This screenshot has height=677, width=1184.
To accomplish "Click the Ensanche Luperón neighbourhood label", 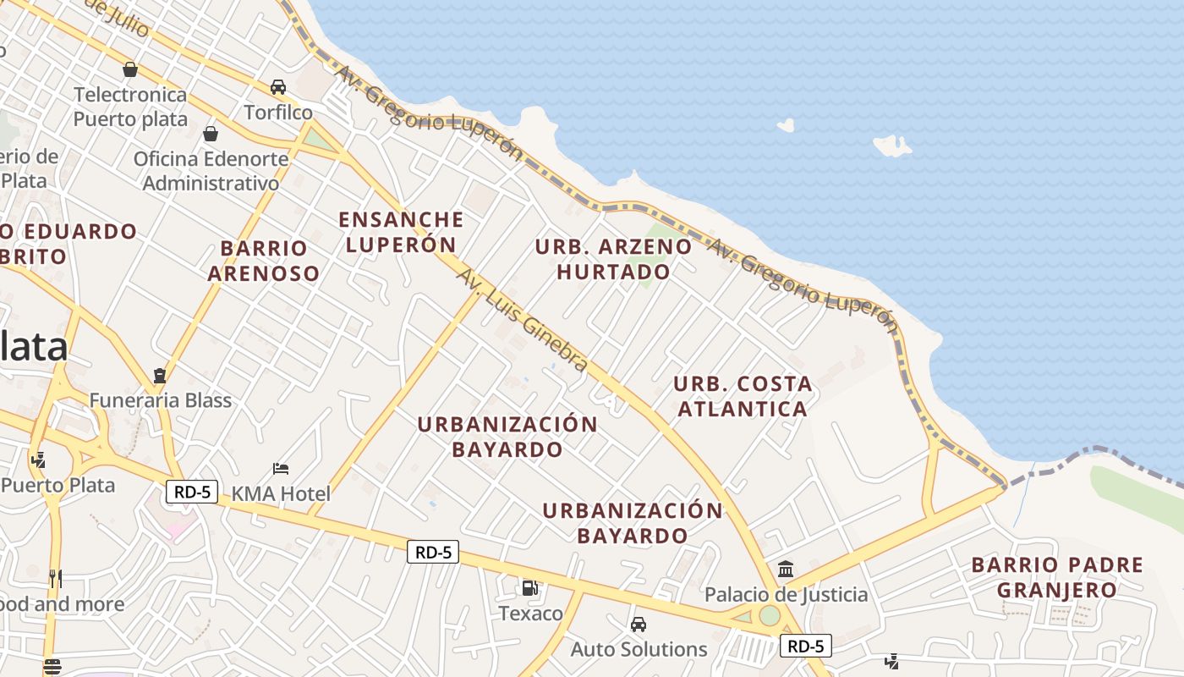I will [401, 232].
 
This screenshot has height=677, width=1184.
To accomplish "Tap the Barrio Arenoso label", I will [264, 261].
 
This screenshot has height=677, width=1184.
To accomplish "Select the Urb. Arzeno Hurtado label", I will [613, 259].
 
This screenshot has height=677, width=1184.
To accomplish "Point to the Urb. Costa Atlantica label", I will [743, 396].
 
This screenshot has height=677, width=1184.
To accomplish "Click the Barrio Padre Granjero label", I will [1057, 577].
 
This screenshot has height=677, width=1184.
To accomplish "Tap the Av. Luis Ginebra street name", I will [522, 320].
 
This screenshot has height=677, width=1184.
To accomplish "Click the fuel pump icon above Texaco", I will [529, 587].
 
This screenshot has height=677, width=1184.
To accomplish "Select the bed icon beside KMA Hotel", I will [281, 469].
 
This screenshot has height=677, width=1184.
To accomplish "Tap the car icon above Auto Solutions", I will [639, 625].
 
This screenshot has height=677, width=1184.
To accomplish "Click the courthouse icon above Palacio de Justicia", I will [786, 569].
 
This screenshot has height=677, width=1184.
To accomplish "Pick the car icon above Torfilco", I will [278, 87].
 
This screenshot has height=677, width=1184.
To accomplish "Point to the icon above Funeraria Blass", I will [160, 375].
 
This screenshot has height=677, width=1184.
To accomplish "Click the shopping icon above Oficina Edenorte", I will [211, 134].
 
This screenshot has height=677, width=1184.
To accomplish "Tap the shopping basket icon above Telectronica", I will [130, 69].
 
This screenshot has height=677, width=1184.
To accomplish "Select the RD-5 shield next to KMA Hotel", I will [193, 492].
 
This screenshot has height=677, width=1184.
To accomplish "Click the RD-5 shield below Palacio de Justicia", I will [805, 647].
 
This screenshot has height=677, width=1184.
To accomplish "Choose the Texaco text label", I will [530, 614].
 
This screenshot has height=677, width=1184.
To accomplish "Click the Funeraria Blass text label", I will [161, 400].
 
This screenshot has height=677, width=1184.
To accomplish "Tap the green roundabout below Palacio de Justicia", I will [769, 615].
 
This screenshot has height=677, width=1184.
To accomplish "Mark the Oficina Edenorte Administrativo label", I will [211, 171].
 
